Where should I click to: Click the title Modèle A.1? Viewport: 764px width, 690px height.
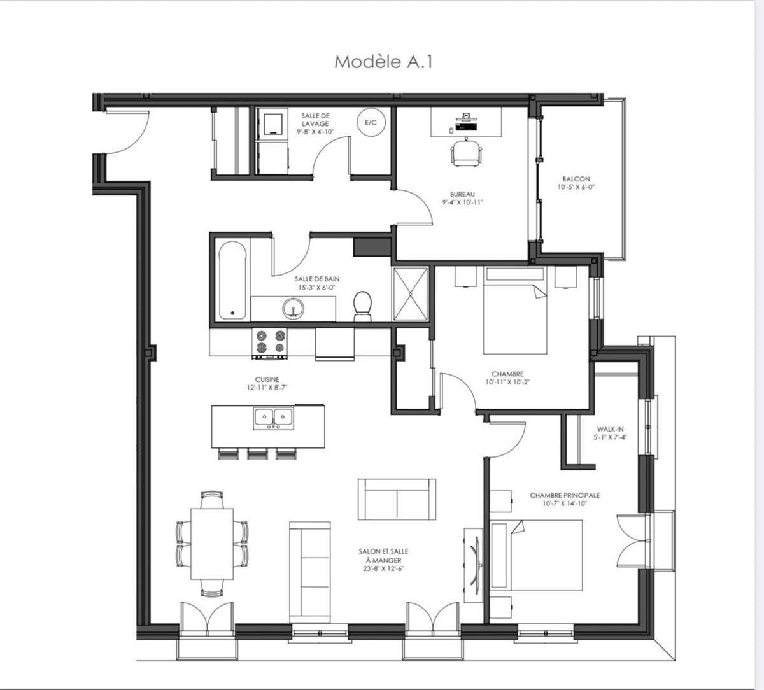click(383, 62)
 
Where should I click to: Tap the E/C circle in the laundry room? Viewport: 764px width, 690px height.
click(370, 123)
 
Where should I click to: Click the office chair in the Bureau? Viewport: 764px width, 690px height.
click(467, 153)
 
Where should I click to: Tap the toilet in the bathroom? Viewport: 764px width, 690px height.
click(362, 305)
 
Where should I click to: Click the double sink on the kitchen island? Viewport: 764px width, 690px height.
click(273, 418)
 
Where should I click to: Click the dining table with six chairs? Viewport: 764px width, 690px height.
click(212, 542)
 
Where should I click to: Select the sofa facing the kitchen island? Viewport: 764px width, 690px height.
click(397, 499)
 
